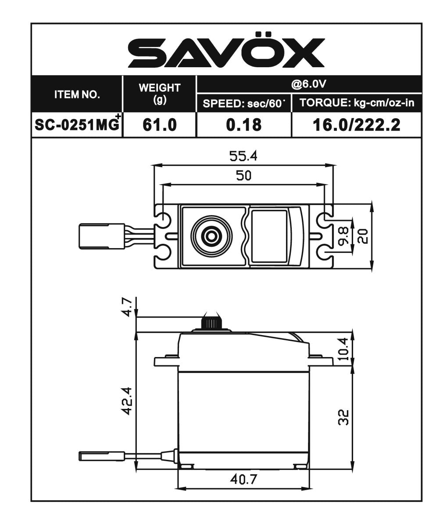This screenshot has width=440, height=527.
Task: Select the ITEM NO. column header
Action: pyautogui.click(x=77, y=94)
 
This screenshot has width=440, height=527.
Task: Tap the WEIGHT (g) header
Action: pyautogui.click(x=159, y=94)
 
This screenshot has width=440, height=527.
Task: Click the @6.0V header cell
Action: pyautogui.click(x=309, y=84)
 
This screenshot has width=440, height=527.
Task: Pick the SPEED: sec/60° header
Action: pyautogui.click(x=244, y=104)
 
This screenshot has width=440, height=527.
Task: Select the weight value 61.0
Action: pyautogui.click(x=159, y=125)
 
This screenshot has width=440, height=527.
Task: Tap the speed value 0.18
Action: pyautogui.click(x=243, y=125)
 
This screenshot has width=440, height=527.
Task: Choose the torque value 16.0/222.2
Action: pyautogui.click(x=356, y=125)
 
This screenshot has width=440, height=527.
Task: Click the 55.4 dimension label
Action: pyautogui.click(x=243, y=156)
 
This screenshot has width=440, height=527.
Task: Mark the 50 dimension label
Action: pyautogui.click(x=243, y=176)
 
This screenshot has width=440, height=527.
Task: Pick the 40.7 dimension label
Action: pyautogui.click(x=243, y=480)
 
